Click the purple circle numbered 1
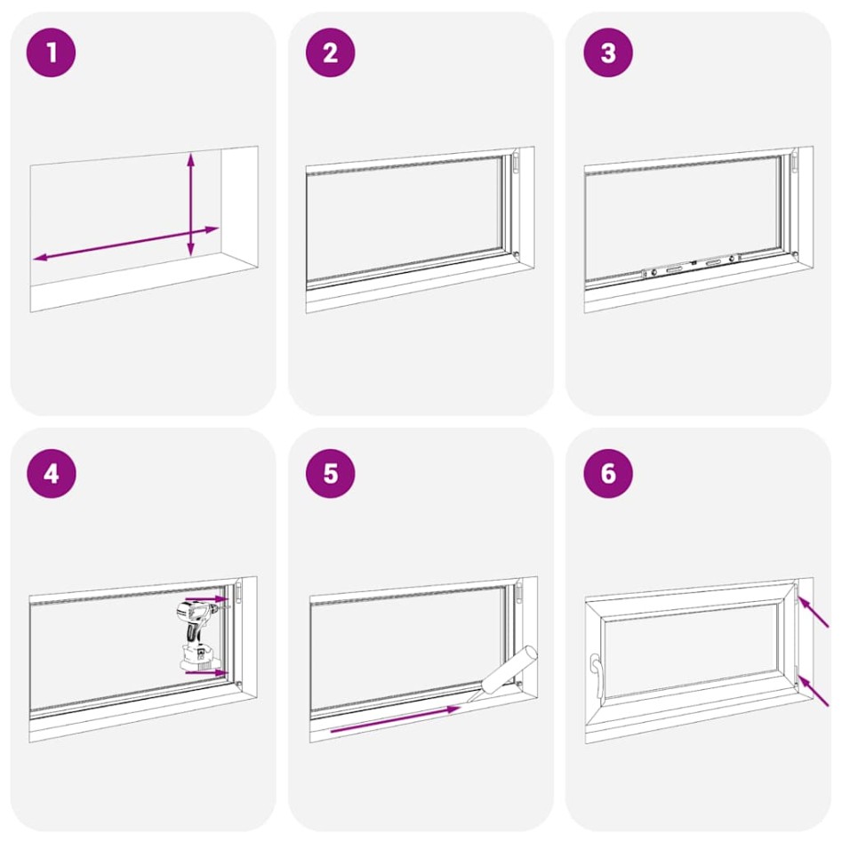[x=52, y=52]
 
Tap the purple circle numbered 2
[x=330, y=52]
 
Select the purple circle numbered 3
[x=608, y=52]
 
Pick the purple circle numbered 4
[x=52, y=473]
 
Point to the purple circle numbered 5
[x=330, y=473]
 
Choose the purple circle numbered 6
[x=608, y=473]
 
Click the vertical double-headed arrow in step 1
[x=190, y=204]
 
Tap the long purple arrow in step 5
[x=395, y=719]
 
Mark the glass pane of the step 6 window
[x=694, y=648]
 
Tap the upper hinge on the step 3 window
[x=795, y=163]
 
